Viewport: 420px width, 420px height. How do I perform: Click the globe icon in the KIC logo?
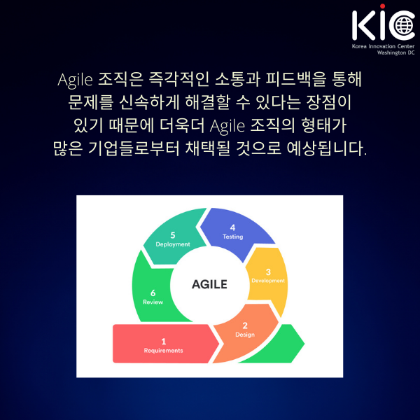click(x=404, y=25)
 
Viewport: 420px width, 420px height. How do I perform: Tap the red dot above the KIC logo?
click(x=382, y=6)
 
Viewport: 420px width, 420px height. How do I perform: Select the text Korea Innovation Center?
click(x=383, y=46)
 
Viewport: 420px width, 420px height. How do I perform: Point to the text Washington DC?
click(x=395, y=52)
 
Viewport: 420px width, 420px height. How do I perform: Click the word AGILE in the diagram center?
click(x=209, y=284)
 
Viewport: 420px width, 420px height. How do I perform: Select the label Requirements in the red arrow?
click(x=163, y=351)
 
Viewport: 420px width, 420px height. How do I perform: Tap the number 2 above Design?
click(x=245, y=325)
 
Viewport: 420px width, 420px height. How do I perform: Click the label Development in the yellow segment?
click(x=268, y=281)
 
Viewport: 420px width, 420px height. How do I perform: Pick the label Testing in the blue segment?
click(x=233, y=237)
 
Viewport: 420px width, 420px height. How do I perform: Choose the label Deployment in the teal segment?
click(x=173, y=244)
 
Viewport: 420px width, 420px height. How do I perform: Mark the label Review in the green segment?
click(x=153, y=302)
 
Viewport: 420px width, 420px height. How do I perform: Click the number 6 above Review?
click(x=153, y=293)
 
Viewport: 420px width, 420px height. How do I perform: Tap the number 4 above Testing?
click(x=232, y=227)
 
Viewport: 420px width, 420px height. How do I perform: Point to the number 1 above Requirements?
click(x=164, y=342)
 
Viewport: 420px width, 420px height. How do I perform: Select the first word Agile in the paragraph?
click(x=76, y=80)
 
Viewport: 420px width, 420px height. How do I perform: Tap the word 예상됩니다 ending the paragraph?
click(x=326, y=148)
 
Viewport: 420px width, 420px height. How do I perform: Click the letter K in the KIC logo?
click(x=363, y=25)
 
